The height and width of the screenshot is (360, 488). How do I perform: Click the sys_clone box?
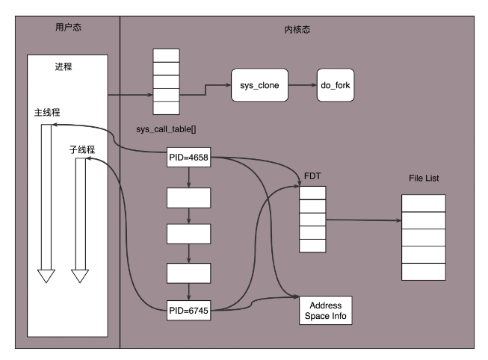[x=259, y=85]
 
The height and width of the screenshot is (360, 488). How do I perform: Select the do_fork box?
[x=335, y=85]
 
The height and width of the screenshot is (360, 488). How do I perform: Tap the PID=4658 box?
[x=188, y=158]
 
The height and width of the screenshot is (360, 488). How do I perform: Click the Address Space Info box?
[x=324, y=311]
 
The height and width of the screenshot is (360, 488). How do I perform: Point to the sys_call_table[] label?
[x=166, y=128]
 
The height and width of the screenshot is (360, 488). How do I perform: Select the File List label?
[x=424, y=179]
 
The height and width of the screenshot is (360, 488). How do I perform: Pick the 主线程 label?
[x=47, y=113]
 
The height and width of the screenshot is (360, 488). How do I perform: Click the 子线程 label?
[x=81, y=149]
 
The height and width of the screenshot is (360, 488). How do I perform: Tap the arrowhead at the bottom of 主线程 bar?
[x=46, y=276]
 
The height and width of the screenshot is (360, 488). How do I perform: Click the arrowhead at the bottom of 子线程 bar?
[x=80, y=276]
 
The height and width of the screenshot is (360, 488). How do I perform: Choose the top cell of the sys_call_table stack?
[x=166, y=55]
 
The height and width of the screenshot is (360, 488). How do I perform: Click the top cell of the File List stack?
[x=424, y=202]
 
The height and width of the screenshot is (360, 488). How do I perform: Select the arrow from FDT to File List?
[x=363, y=220]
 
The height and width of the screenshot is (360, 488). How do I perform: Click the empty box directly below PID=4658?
[x=188, y=197]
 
